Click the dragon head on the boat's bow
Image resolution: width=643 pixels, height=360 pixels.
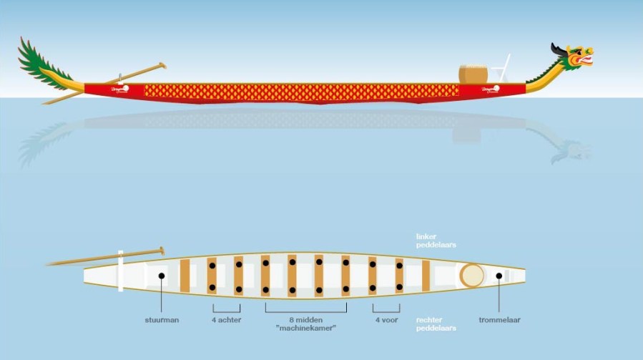[576, 57]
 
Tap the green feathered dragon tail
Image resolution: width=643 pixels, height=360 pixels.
[43, 66]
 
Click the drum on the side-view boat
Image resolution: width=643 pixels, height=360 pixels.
[473, 74]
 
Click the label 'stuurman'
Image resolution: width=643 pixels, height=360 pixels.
[161, 320]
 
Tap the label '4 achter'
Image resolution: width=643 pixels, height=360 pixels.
[226, 320]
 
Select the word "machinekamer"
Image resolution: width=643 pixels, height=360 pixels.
[306, 329]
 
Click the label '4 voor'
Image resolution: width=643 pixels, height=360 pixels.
[386, 320]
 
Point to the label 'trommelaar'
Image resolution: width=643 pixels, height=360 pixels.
[499, 320]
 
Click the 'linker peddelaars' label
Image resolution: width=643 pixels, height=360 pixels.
[436, 240]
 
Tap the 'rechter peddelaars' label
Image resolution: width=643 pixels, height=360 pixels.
[436, 324]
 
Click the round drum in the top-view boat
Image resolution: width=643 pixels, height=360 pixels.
[471, 275]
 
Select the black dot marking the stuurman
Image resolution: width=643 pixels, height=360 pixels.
[162, 276]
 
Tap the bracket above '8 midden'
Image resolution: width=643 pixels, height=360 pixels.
[306, 309]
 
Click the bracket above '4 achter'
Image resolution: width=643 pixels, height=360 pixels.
[226, 309]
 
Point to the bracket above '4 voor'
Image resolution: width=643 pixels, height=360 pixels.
[386, 309]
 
